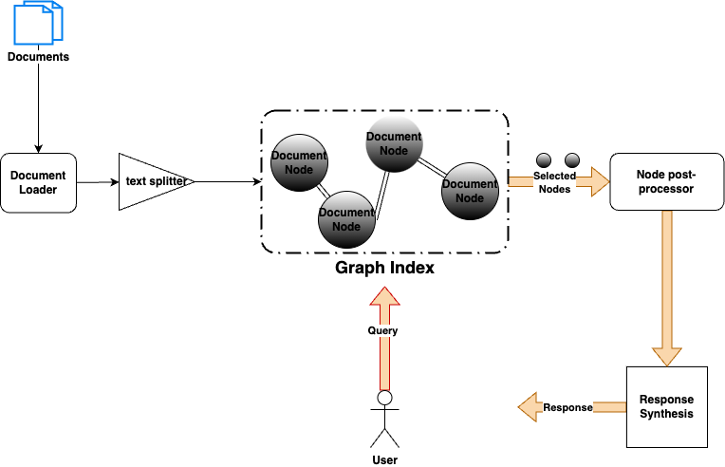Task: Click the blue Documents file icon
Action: (x=38, y=23)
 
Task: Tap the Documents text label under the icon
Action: (x=38, y=57)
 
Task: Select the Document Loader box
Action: (x=38, y=182)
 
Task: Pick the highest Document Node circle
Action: (x=394, y=143)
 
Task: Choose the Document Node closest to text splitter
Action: (x=299, y=162)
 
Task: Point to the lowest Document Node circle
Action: (x=346, y=219)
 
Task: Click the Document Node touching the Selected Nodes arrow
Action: (x=470, y=191)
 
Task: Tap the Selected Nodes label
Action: (x=554, y=182)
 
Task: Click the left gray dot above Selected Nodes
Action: (x=544, y=159)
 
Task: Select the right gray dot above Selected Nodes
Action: (x=571, y=159)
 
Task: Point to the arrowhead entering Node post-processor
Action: (x=600, y=181)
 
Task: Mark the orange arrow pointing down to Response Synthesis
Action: (x=667, y=285)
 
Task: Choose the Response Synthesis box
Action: (x=667, y=406)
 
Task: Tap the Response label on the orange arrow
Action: (x=567, y=407)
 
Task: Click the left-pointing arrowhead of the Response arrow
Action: (x=528, y=407)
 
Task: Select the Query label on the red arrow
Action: (x=382, y=330)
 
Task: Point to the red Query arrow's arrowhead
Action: (x=384, y=295)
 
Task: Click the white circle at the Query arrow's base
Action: (x=384, y=398)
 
